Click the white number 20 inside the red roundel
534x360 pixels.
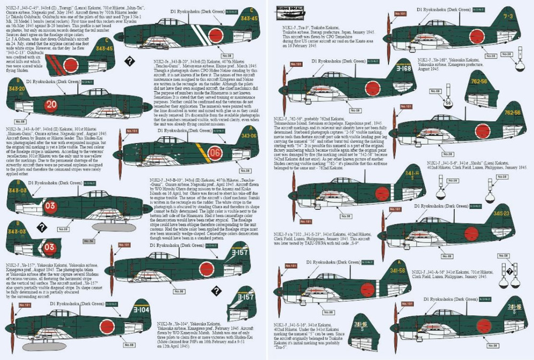51,104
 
